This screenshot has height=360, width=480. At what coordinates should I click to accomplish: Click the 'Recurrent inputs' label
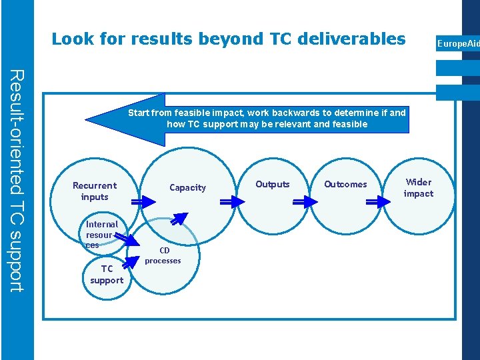click(94, 191)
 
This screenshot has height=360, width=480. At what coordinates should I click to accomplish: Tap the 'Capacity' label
click(187, 187)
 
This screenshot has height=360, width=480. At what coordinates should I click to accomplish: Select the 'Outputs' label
click(273, 184)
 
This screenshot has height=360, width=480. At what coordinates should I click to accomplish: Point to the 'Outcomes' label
click(345, 184)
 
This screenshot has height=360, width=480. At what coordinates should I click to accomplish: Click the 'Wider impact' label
click(419, 187)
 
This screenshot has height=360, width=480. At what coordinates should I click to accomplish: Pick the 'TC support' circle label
click(107, 275)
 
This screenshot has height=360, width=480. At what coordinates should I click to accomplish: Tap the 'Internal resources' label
click(101, 235)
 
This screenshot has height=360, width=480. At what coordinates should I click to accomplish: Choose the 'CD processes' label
click(163, 255)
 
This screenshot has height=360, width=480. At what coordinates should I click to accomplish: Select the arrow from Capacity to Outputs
click(231, 202)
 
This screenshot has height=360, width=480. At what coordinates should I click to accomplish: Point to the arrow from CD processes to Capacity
click(179, 219)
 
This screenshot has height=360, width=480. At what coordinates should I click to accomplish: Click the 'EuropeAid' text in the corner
click(458, 44)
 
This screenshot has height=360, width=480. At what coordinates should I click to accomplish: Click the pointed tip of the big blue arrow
click(87, 119)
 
